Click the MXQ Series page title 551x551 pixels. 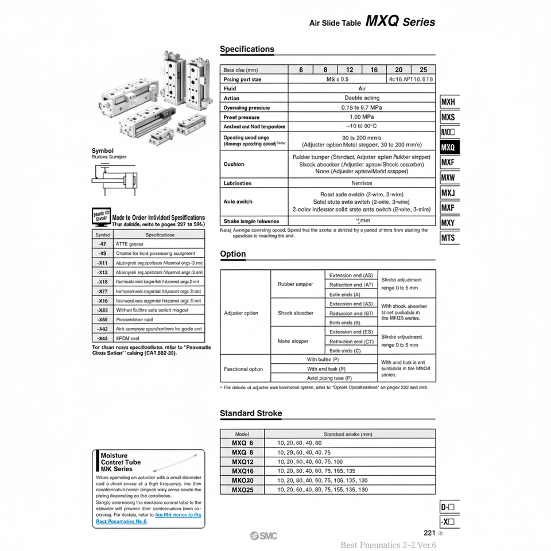tap(400, 22)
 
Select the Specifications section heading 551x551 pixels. tap(247, 49)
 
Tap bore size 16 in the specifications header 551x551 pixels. tap(374, 69)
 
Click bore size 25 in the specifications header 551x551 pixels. tap(424, 69)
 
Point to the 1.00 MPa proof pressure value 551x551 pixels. tap(362, 117)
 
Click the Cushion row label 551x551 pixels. tap(234, 164)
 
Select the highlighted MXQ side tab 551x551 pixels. tap(449, 148)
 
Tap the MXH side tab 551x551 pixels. tap(448, 103)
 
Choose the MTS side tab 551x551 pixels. tap(448, 238)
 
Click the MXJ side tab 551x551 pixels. tap(448, 193)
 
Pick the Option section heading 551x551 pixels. tap(233, 254)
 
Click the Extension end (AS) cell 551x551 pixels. tap(351, 275)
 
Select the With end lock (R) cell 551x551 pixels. tap(326, 369)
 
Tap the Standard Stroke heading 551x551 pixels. tap(251, 413)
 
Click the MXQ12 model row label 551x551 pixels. tap(242, 462)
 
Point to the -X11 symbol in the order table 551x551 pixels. tap(103, 263)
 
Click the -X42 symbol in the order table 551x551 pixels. tap(103, 329)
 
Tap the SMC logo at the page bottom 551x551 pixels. tap(263, 536)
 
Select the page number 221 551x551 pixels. tap(429, 532)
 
